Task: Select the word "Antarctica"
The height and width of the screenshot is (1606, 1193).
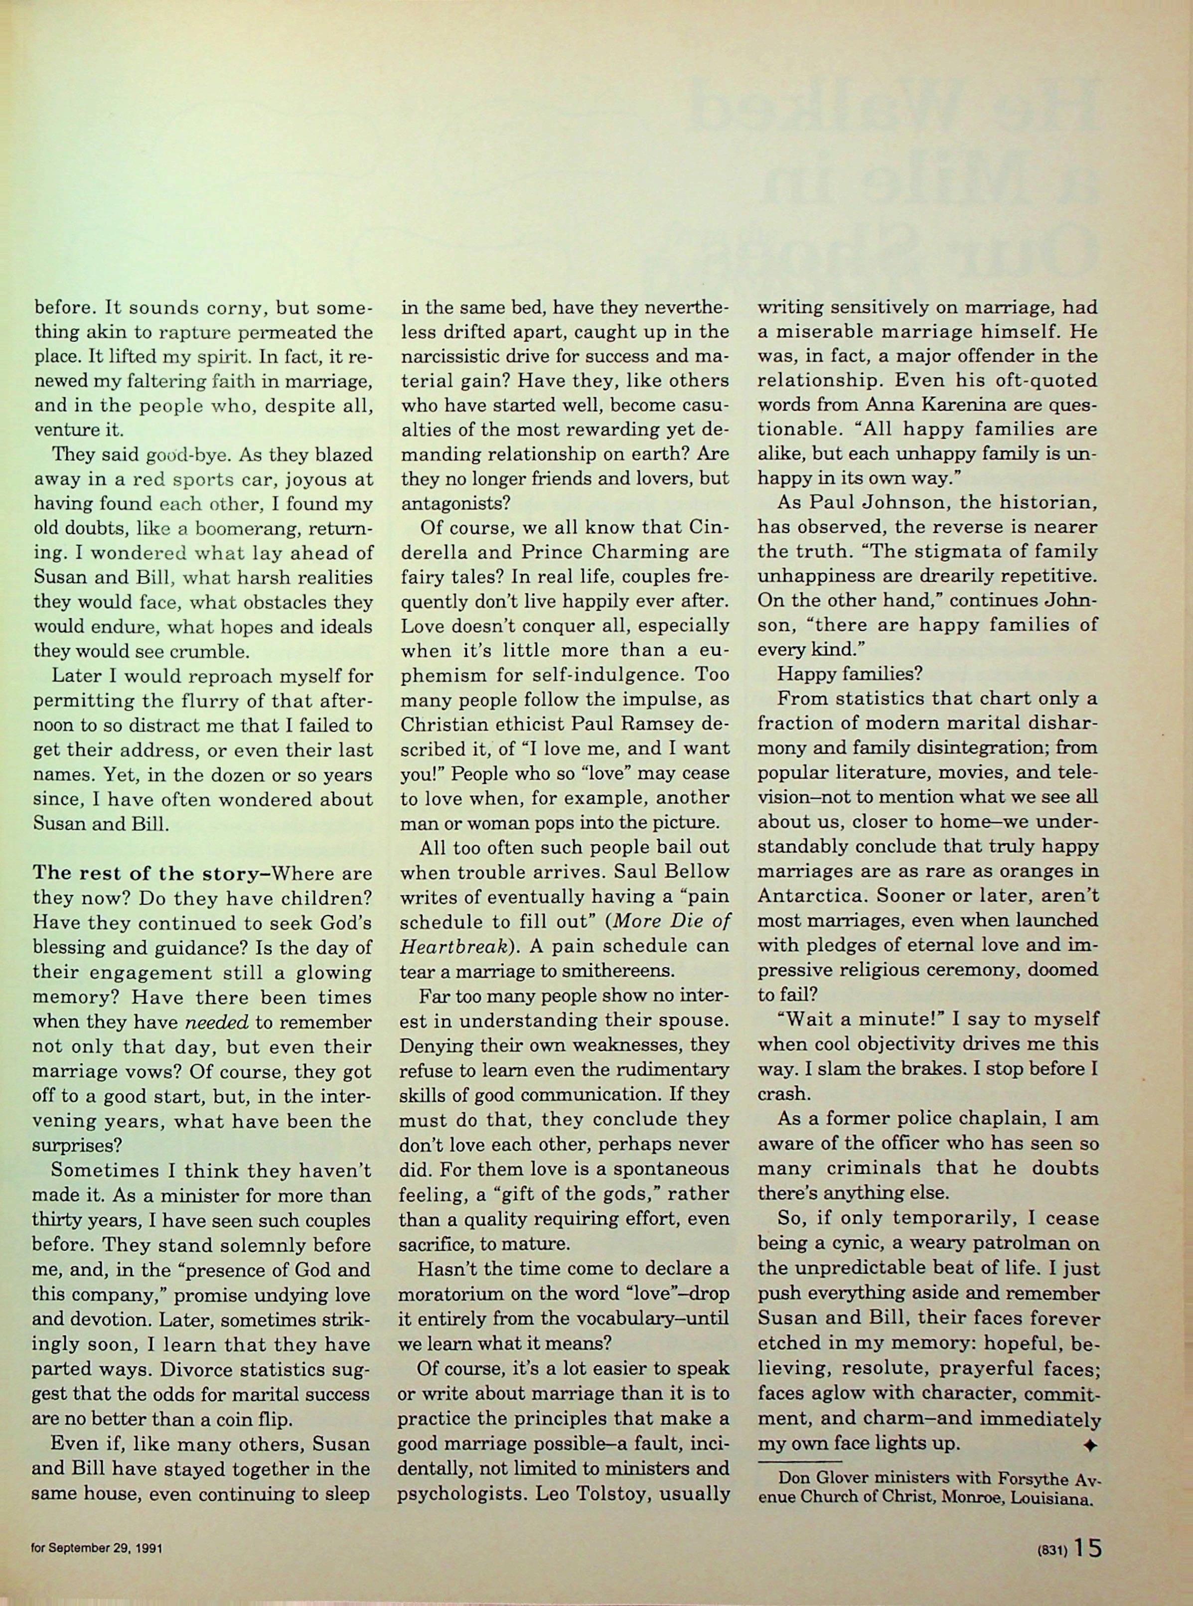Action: point(812,896)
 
